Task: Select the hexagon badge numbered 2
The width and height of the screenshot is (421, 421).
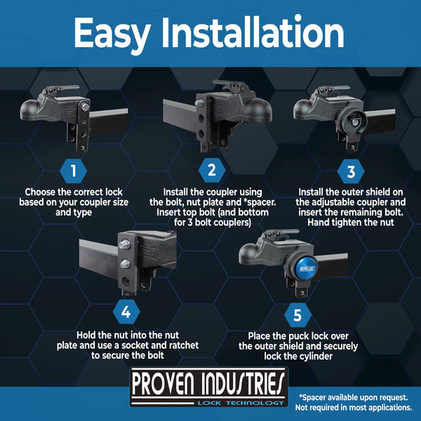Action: tap(211, 169)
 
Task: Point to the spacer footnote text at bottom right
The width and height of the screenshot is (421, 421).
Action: tap(355, 402)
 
